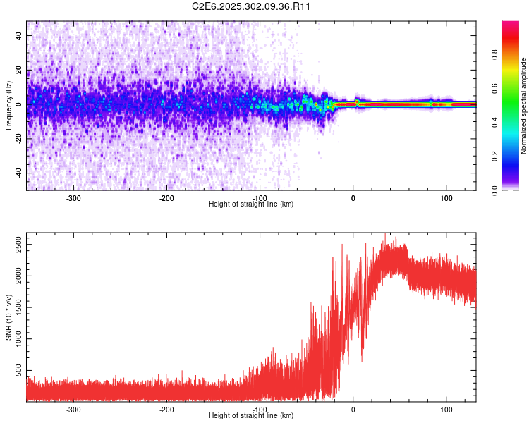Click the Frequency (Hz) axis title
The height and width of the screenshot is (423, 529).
click(x=8, y=106)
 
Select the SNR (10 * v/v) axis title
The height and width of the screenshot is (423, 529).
click(x=8, y=317)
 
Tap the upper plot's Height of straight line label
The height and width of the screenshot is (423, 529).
click(x=251, y=204)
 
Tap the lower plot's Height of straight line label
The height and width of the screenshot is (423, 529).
click(x=251, y=416)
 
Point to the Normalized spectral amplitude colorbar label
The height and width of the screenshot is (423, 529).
click(x=524, y=106)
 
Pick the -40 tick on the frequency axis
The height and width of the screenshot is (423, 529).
click(x=18, y=173)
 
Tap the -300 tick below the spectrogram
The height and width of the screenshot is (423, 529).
click(x=73, y=198)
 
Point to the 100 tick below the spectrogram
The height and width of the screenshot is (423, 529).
click(x=446, y=198)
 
